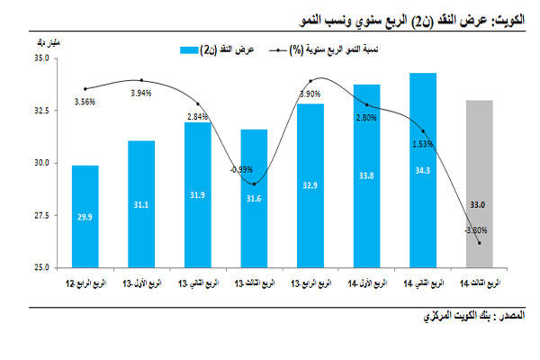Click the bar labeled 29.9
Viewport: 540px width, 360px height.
(85, 216)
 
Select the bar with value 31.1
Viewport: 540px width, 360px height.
(141, 204)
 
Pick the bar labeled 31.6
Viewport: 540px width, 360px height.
(256, 199)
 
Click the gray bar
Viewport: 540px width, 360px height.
(479, 184)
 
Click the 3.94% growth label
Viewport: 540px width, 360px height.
(141, 93)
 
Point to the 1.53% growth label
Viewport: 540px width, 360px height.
(423, 143)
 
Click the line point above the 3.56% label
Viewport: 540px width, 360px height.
(85, 88)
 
